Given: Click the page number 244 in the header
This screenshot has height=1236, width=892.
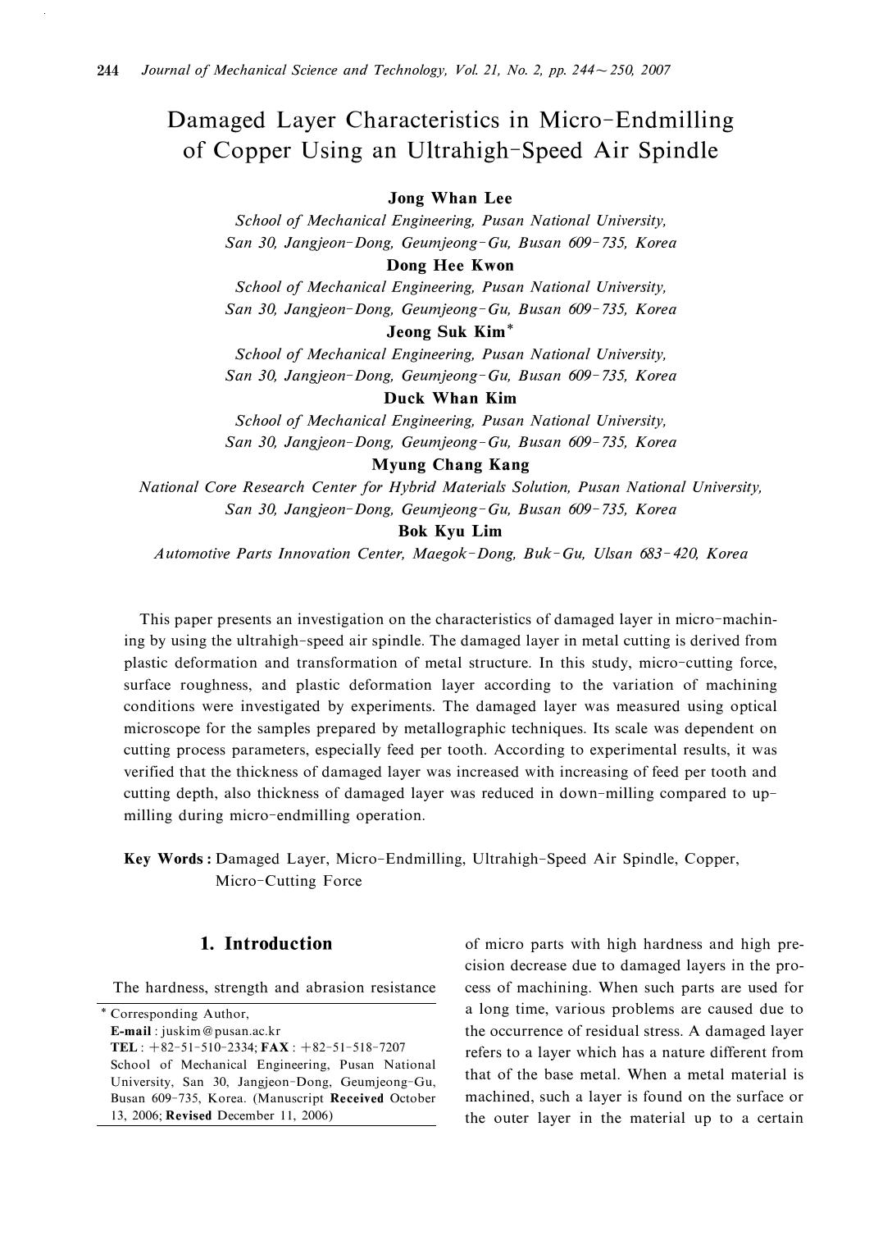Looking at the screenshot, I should (108, 71).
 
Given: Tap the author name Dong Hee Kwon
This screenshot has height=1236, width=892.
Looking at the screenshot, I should (450, 265).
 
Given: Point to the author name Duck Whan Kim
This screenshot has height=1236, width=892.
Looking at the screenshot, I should (450, 399).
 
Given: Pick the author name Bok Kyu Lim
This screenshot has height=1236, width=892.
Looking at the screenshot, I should (450, 531).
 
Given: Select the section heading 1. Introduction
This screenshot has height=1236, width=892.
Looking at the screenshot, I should (266, 943).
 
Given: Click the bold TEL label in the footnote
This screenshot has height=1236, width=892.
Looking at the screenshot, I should (124, 1047).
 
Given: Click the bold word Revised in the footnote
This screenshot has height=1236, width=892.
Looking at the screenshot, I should (189, 1115).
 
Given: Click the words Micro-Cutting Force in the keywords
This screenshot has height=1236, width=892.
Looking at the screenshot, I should (288, 881).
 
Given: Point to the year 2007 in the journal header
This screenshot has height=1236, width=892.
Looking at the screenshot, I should (656, 71).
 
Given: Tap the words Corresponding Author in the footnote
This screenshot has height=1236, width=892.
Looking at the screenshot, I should (180, 1014).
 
